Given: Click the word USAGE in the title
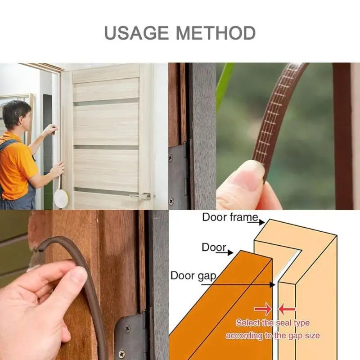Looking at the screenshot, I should (136, 33).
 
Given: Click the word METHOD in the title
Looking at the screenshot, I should (216, 33).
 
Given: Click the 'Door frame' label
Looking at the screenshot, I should (230, 217).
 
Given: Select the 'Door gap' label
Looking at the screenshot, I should (193, 275).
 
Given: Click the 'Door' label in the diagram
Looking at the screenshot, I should (213, 247).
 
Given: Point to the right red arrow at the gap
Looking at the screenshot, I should (288, 309).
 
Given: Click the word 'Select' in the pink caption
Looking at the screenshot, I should (247, 323).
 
